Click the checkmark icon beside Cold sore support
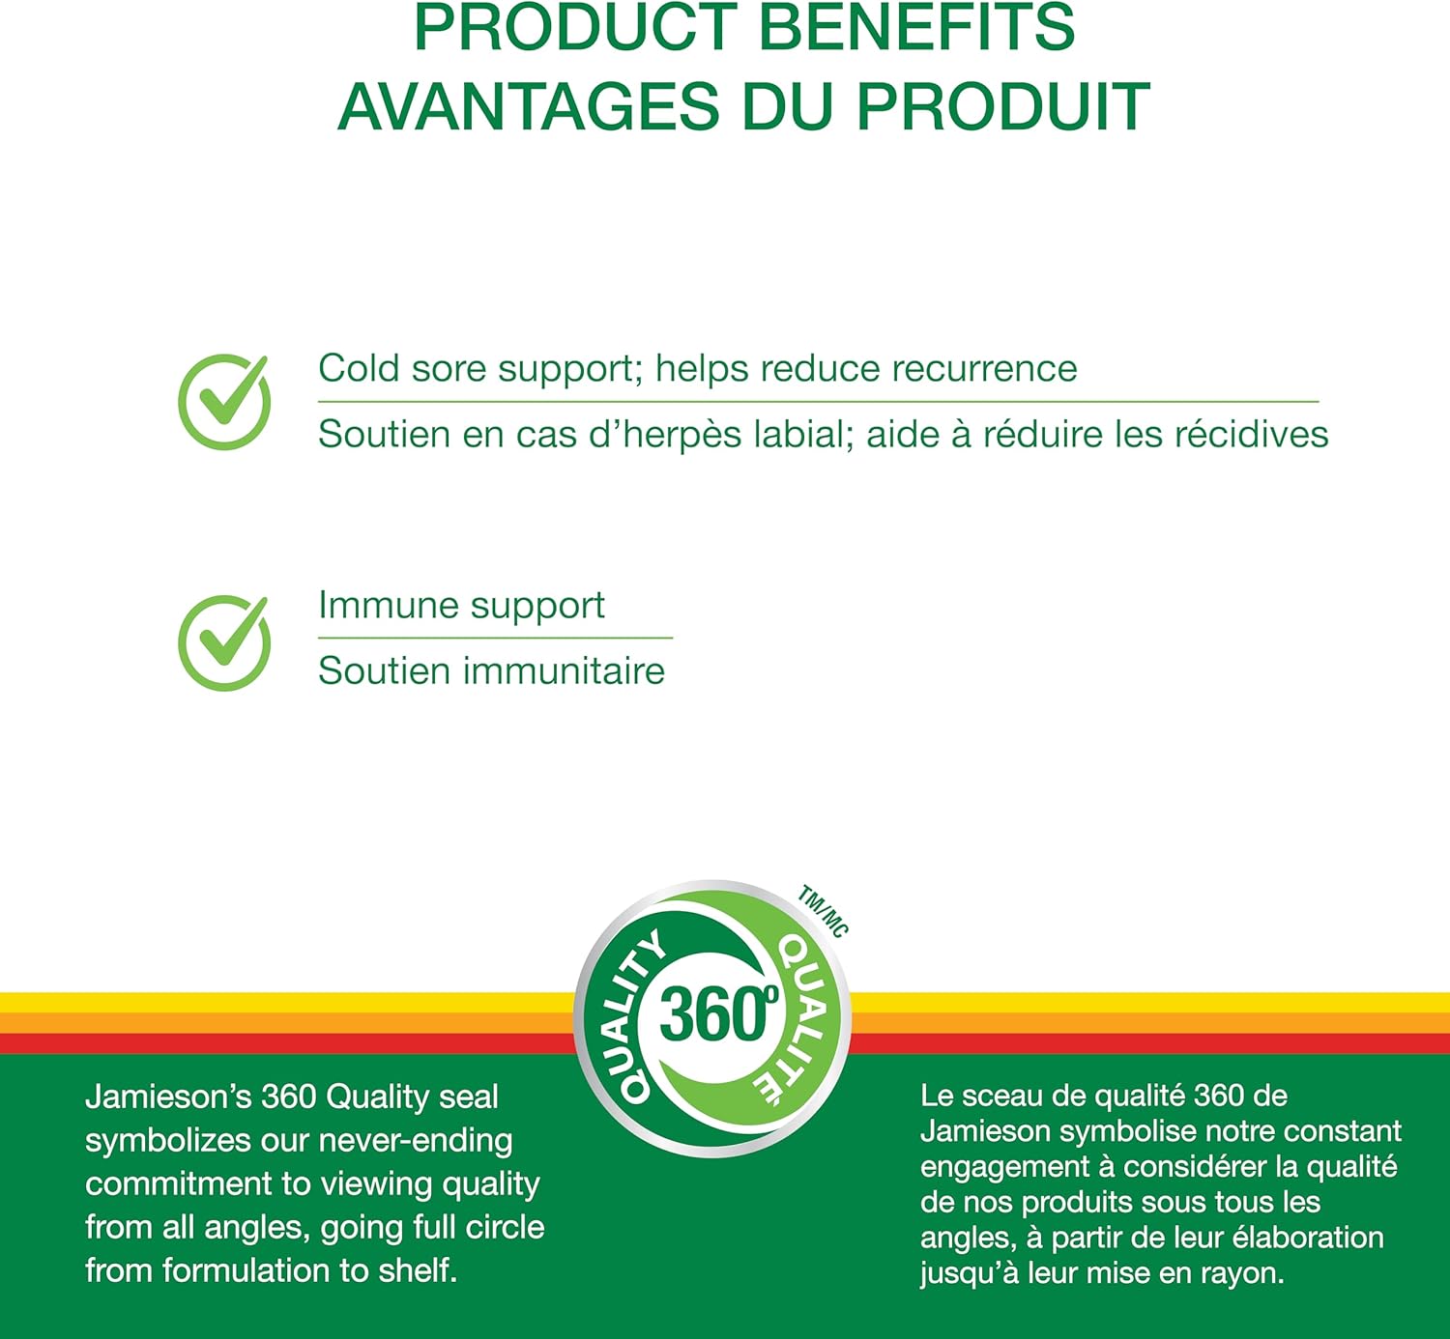[x=224, y=401]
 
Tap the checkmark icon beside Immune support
[x=224, y=642]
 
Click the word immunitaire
[x=564, y=670]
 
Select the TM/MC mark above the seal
[x=823, y=911]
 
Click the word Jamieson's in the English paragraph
[x=168, y=1097]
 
